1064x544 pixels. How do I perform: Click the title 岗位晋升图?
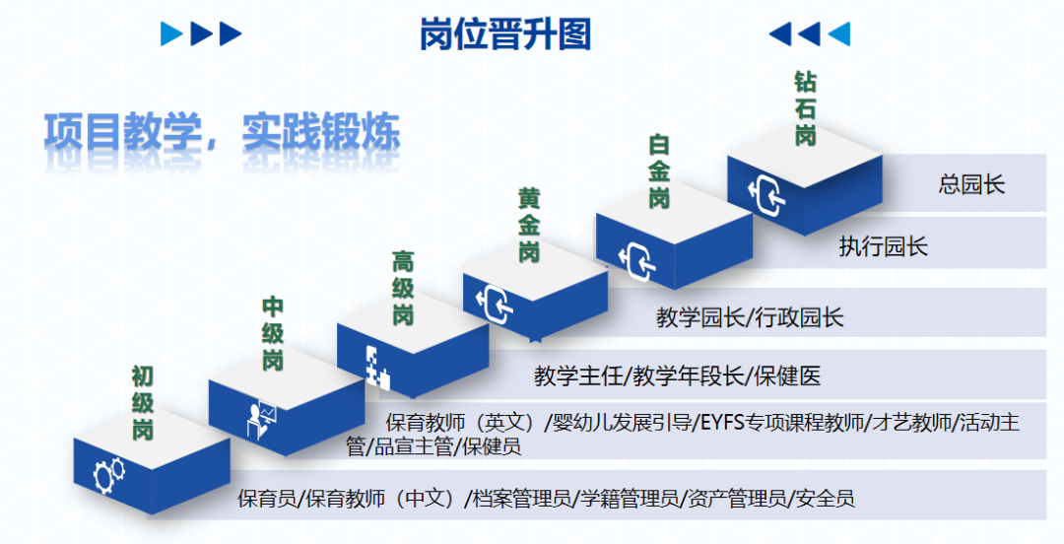pyautogui.click(x=504, y=34)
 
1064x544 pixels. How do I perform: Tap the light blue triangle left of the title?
pyautogui.click(x=171, y=34)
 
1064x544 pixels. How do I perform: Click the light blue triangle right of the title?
pyautogui.click(x=839, y=34)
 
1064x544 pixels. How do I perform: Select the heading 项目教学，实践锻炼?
pyautogui.click(x=222, y=132)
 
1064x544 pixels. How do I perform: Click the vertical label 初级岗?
pyautogui.click(x=143, y=403)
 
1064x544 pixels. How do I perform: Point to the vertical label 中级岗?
pyautogui.click(x=273, y=334)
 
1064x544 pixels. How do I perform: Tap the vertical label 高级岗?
pyautogui.click(x=403, y=288)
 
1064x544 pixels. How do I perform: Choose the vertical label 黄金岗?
pyautogui.click(x=529, y=226)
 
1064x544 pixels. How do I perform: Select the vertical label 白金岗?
pyautogui.click(x=659, y=171)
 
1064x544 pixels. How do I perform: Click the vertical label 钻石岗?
pyautogui.click(x=806, y=108)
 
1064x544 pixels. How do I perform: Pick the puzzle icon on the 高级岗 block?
pyautogui.click(x=377, y=369)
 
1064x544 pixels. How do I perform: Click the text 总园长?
pyautogui.click(x=971, y=184)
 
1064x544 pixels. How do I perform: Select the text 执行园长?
pyautogui.click(x=884, y=245)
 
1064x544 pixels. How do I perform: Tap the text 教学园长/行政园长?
pyautogui.click(x=750, y=317)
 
